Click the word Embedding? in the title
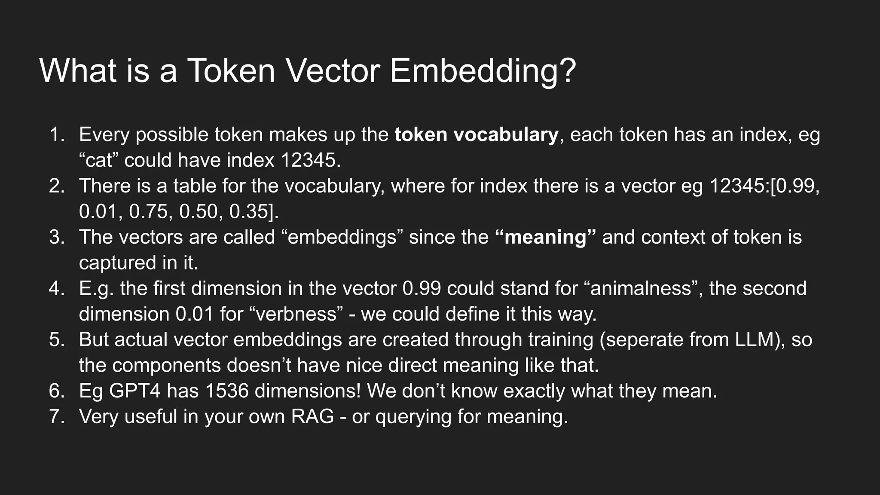click(x=483, y=70)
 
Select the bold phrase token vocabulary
click(x=476, y=135)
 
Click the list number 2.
click(x=56, y=186)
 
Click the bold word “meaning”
click(x=545, y=237)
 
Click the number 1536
click(x=227, y=391)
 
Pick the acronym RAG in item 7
click(x=312, y=416)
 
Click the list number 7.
click(x=56, y=416)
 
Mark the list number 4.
click(x=56, y=288)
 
